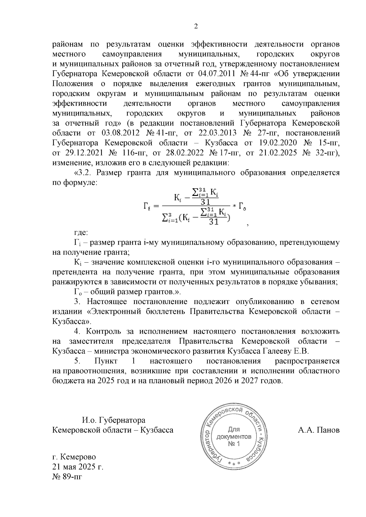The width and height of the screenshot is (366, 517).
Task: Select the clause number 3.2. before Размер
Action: tap(84, 173)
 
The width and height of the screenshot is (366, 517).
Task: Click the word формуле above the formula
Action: tap(80, 183)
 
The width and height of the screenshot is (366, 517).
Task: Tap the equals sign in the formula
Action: tap(156, 206)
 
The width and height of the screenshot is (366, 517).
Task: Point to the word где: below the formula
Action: tap(81, 233)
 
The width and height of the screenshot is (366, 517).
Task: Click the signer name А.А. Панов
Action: tap(318, 430)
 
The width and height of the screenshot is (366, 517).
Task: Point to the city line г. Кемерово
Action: tap(74, 457)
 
